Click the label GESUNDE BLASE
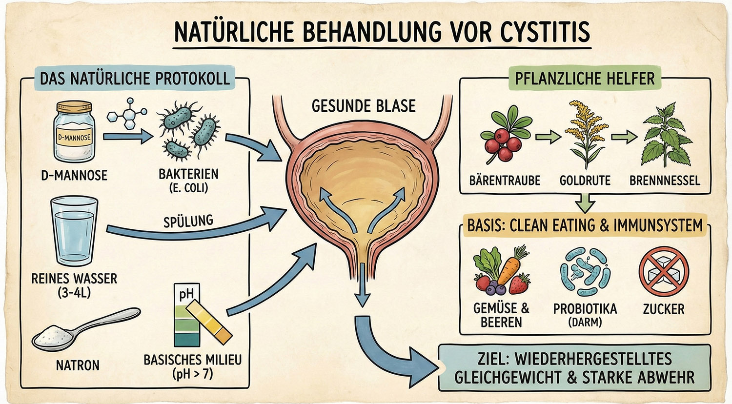coord(364,106)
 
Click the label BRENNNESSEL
coord(664,181)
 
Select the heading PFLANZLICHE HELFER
coord(585,78)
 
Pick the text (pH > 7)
coord(192,375)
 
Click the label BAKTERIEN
coord(188,174)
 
